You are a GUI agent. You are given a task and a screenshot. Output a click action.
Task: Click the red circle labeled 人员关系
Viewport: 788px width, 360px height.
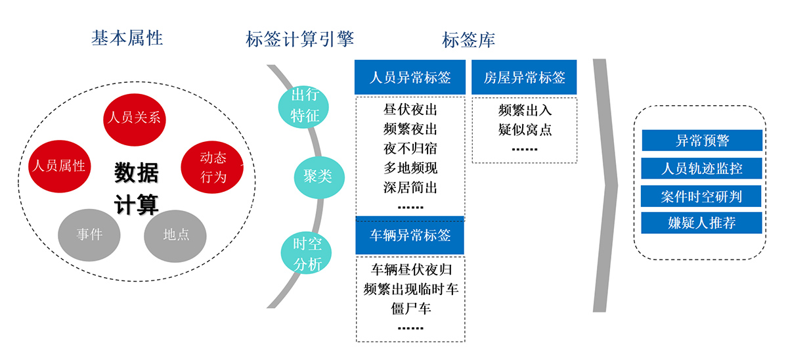coord(133,118)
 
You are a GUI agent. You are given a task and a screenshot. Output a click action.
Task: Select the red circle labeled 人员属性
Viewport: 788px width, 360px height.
coord(59,166)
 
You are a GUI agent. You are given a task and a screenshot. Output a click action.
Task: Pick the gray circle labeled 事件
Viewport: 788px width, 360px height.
coord(89,235)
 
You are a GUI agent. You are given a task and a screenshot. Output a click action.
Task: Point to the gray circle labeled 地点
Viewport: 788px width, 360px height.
coord(175,235)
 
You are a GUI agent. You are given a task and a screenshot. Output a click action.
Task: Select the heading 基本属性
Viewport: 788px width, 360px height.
coord(127,39)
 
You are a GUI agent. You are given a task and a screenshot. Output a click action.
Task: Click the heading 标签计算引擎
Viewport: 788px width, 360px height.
coord(299,39)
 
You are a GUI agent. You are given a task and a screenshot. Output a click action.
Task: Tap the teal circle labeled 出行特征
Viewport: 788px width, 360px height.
coord(305,106)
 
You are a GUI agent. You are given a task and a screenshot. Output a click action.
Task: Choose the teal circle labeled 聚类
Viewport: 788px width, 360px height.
coord(318,177)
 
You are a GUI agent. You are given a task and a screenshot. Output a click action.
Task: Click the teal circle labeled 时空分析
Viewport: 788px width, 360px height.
coord(307,254)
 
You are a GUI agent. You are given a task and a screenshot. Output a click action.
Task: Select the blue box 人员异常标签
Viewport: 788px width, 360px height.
coord(410,78)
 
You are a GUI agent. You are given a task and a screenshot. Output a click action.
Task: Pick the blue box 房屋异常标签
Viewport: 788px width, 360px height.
coord(524,78)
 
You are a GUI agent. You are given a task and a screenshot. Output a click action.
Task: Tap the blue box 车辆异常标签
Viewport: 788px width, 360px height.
coord(410,236)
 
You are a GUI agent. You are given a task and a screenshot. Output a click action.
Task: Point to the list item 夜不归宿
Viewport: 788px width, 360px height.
coord(410,148)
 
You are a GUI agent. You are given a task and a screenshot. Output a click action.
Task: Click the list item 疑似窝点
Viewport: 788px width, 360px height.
coord(525,129)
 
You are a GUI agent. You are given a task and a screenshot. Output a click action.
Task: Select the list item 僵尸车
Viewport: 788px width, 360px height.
coord(410,307)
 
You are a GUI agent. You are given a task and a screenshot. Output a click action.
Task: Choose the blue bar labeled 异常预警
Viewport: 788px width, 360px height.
coord(701,141)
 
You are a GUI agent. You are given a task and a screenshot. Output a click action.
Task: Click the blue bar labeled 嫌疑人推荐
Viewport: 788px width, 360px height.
coord(701,223)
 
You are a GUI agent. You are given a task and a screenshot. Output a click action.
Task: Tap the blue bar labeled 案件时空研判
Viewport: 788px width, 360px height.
coord(701,196)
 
